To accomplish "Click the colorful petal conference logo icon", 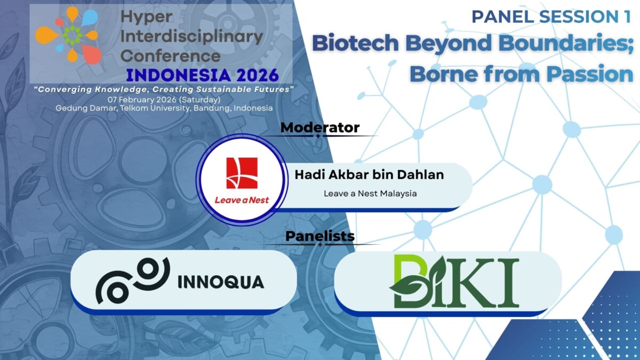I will [x=68, y=35].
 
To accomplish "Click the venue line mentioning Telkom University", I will [x=164, y=108].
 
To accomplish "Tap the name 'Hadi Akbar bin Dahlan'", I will [x=369, y=175].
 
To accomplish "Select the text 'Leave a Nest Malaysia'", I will [x=370, y=193].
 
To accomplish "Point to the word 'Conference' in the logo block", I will [x=171, y=55].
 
